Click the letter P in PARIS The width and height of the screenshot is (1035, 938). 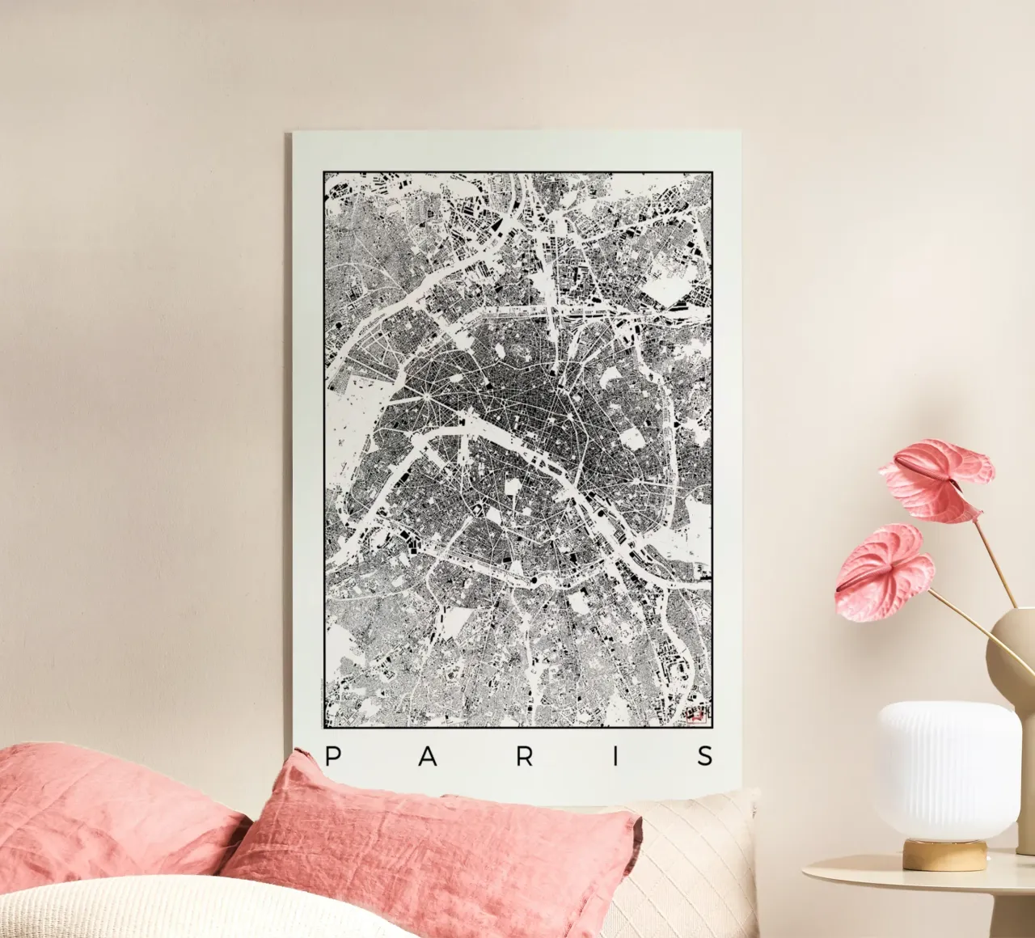(332, 756)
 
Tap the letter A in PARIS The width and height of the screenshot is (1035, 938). (429, 757)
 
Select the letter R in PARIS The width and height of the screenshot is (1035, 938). (525, 757)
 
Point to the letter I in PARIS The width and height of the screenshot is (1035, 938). (616, 757)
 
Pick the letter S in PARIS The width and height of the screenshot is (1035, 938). (706, 757)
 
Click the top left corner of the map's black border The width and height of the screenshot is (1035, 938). (323, 172)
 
